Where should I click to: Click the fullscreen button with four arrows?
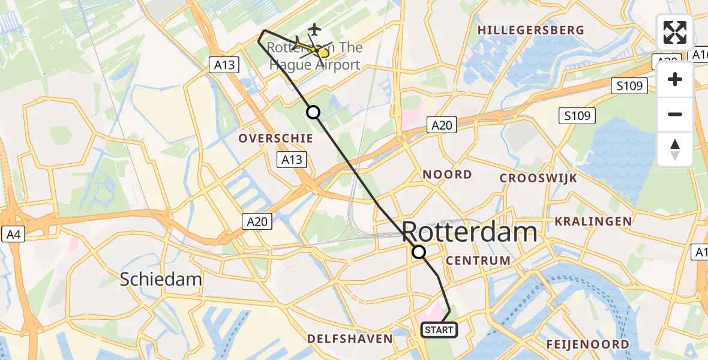[x=675, y=32]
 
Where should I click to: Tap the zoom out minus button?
[x=675, y=115]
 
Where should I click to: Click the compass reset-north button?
[x=675, y=149]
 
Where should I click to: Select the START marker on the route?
[x=439, y=330]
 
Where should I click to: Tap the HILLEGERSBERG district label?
[x=531, y=30]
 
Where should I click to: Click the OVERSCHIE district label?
[x=276, y=139]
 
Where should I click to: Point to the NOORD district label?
[x=448, y=175]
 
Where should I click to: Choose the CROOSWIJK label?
[x=539, y=178]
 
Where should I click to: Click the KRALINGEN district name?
[x=593, y=221]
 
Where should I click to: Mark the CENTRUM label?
[x=478, y=260]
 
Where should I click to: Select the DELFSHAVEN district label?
[x=350, y=339]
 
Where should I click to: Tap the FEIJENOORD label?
[x=588, y=344]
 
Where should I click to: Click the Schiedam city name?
[x=161, y=279]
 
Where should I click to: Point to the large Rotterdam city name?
[x=469, y=232]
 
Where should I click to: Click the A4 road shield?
[x=13, y=234]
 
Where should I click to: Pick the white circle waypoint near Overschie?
[x=313, y=112]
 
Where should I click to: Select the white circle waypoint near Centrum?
[x=419, y=252]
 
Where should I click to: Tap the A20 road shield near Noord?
[x=442, y=125]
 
